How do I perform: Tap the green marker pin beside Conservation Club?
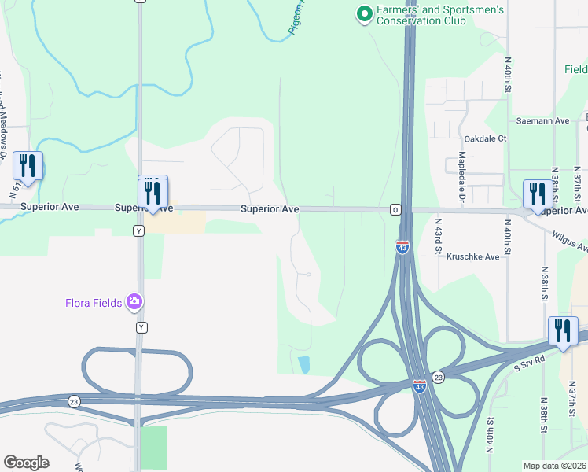point(364,14)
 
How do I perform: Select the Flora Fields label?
point(97,301)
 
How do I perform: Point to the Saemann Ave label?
point(542,121)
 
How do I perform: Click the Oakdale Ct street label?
point(485,138)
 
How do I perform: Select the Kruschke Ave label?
point(473,256)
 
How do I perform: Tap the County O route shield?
point(395,210)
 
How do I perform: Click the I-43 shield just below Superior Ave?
point(402,247)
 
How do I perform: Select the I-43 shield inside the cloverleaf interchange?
point(420,386)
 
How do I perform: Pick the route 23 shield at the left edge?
point(73,400)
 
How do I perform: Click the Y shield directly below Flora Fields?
point(142,326)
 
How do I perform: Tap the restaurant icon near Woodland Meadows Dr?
point(28,166)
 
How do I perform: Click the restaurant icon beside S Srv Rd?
point(563,331)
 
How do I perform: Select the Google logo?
point(26,463)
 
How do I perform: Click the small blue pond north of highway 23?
point(304,363)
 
